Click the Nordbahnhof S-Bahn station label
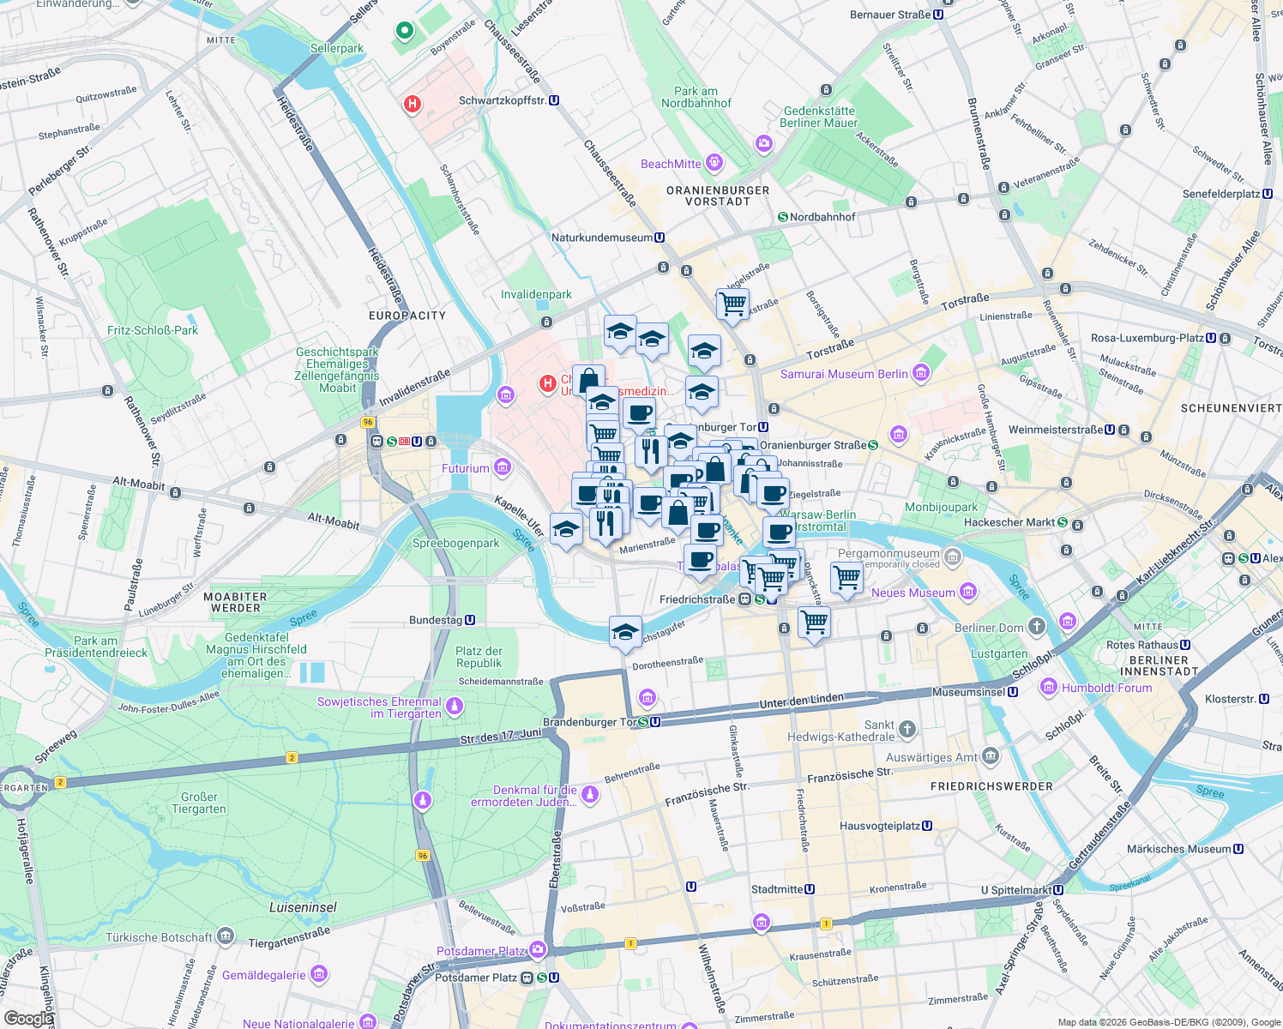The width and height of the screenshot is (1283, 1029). tap(822, 217)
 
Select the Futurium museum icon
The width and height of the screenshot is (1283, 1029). tap(503, 467)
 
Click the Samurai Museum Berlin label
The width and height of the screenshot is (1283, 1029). tap(844, 374)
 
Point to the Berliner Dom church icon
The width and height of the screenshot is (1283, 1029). tap(1037, 627)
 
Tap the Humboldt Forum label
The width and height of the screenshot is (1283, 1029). tap(1106, 688)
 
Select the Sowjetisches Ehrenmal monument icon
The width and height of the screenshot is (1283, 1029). tap(455, 707)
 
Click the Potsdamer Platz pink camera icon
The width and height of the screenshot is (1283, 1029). tap(538, 949)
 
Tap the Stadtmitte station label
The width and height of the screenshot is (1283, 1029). tap(782, 889)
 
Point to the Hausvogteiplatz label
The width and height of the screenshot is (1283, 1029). tap(885, 826)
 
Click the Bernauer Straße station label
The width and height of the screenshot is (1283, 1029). tap(890, 15)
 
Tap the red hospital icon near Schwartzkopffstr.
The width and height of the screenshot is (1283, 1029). tap(413, 105)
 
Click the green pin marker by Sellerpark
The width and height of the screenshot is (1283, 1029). tap(405, 32)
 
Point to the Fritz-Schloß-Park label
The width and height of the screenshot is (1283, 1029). tap(153, 330)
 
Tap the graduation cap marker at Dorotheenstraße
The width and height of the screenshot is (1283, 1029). tap(625, 633)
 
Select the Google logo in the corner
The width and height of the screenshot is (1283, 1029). tap(27, 1018)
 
